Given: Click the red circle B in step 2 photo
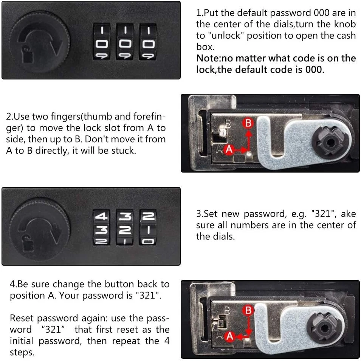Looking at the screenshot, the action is [x=248, y=123].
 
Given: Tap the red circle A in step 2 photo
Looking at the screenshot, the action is [x=229, y=150].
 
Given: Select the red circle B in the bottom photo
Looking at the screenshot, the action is [x=248, y=310].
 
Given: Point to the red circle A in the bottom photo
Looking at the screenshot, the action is [x=230, y=336].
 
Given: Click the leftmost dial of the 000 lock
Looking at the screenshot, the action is [x=102, y=42].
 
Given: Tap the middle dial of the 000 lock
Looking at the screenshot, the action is [x=124, y=42].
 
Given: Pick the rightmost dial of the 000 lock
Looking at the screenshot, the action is [x=148, y=42].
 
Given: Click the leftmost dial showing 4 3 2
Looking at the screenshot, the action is [x=102, y=227].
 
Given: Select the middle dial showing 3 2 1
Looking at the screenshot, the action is [x=124, y=227].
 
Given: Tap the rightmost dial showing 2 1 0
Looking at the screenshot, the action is [x=148, y=227].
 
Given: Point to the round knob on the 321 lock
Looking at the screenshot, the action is [x=40, y=228].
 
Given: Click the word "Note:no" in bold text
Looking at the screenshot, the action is [x=218, y=58].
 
